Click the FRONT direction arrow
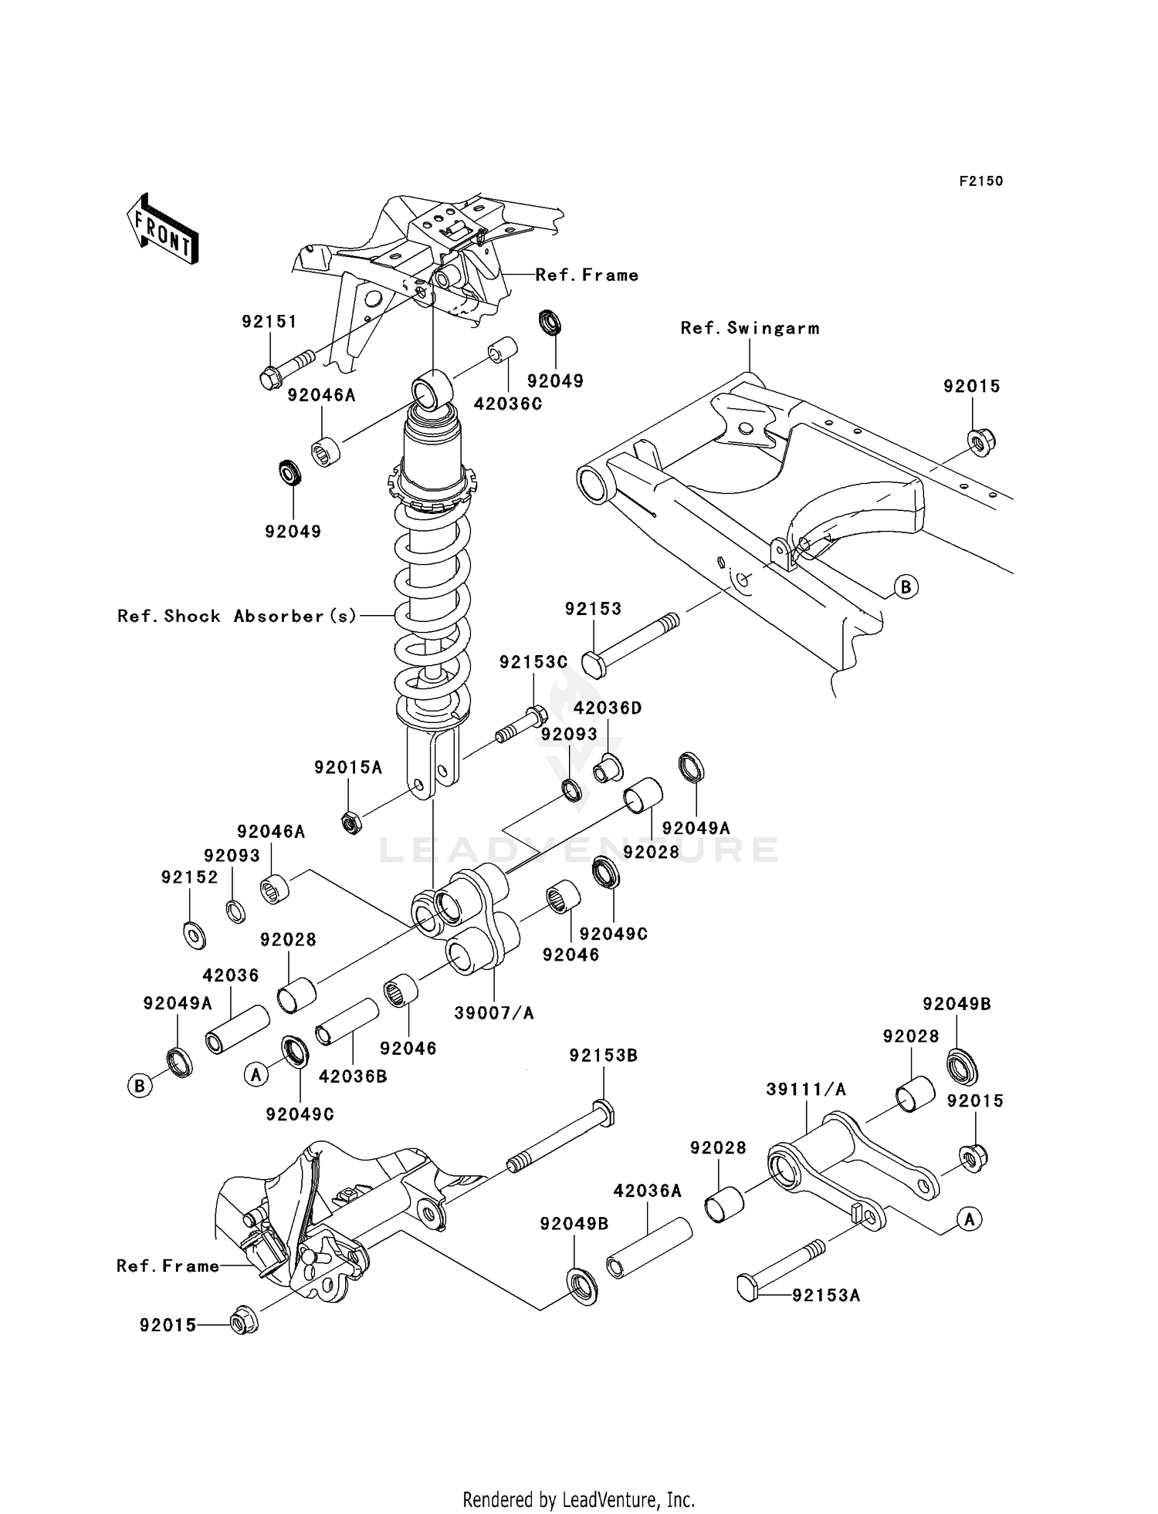click(163, 229)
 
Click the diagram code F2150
click(980, 181)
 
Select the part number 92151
click(269, 322)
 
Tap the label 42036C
click(507, 404)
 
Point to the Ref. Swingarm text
click(750, 328)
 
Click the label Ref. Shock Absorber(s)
click(237, 616)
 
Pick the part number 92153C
click(533, 662)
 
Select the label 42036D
click(608, 708)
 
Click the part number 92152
click(189, 877)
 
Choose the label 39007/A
click(493, 1013)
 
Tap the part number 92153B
click(603, 1056)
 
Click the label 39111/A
click(806, 1090)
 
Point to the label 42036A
click(647, 1191)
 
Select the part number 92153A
click(825, 1296)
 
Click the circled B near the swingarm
click(906, 587)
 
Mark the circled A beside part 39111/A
click(970, 1219)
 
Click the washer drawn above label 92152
click(195, 935)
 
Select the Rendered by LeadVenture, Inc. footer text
click(578, 1500)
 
